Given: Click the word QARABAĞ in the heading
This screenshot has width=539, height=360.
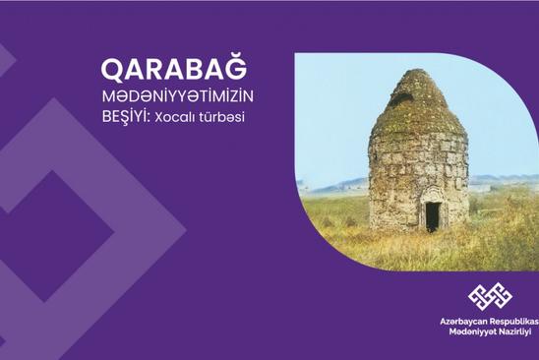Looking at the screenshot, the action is point(174,69).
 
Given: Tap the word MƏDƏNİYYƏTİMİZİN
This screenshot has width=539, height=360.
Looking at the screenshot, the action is point(178,97).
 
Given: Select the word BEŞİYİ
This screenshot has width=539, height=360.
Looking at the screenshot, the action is point(125,117).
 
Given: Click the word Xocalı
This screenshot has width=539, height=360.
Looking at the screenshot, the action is point(174,118).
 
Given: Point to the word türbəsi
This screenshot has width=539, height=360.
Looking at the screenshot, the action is point(221,117).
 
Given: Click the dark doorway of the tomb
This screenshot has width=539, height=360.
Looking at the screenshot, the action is point(432,216).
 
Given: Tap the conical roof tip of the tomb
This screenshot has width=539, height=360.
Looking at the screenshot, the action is point(413,71).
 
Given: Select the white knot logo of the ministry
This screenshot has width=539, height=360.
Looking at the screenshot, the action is point(490,296).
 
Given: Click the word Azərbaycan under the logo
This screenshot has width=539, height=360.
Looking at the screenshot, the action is point(462,322).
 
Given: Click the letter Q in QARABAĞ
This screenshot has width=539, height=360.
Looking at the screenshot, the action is point(111,71).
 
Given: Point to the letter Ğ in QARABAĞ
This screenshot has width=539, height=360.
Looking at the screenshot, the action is point(237,67).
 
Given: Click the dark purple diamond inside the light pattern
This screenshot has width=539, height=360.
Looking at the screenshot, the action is point(50,235).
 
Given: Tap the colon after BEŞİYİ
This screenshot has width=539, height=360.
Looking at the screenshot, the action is point(150,119).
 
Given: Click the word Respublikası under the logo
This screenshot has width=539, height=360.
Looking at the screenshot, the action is point(513,322).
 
